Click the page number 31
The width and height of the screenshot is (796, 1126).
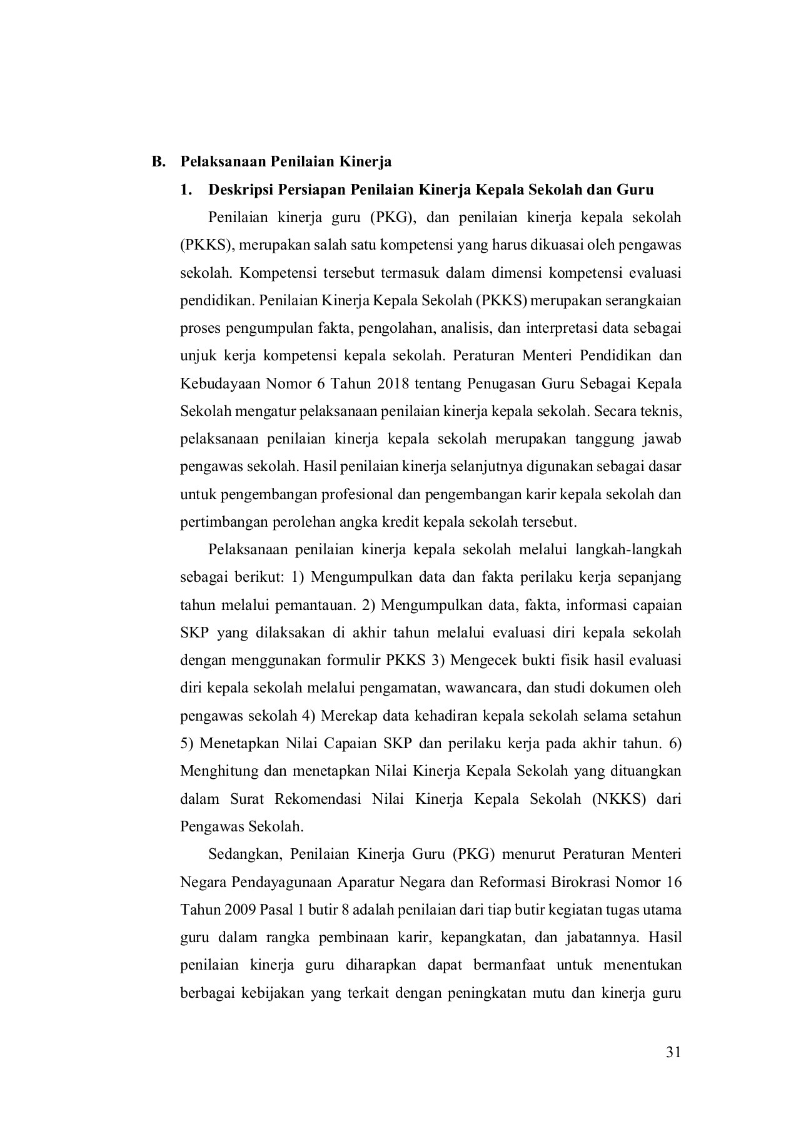coord(672,1052)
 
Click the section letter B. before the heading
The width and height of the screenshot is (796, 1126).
coord(159,162)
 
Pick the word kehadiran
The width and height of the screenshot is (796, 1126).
coord(450,716)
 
